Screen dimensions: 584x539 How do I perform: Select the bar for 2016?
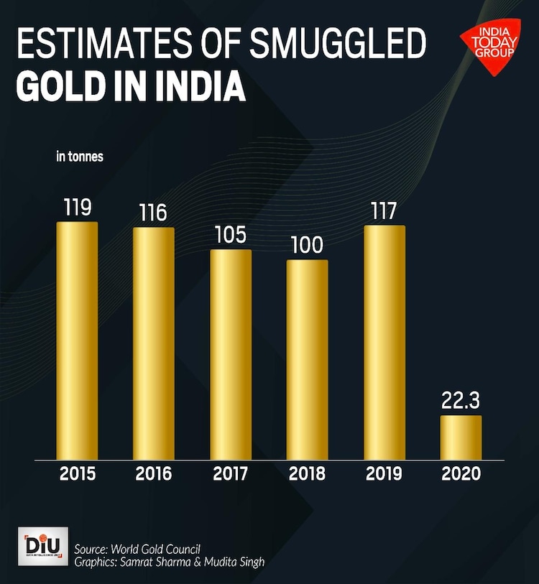[x=153, y=343]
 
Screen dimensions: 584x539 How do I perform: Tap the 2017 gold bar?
[x=231, y=353]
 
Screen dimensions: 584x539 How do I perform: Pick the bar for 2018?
[x=307, y=359]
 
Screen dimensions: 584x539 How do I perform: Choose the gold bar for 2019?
[x=384, y=342]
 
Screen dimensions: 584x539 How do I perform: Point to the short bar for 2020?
[x=461, y=437]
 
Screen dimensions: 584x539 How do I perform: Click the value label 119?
[x=77, y=208]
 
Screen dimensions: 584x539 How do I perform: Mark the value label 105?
[x=231, y=236]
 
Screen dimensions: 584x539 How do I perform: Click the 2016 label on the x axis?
[x=154, y=474]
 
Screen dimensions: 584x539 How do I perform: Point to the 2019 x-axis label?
[x=384, y=474]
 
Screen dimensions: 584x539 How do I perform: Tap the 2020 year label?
[x=461, y=474]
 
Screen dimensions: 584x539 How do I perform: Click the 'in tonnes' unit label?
[x=80, y=157]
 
